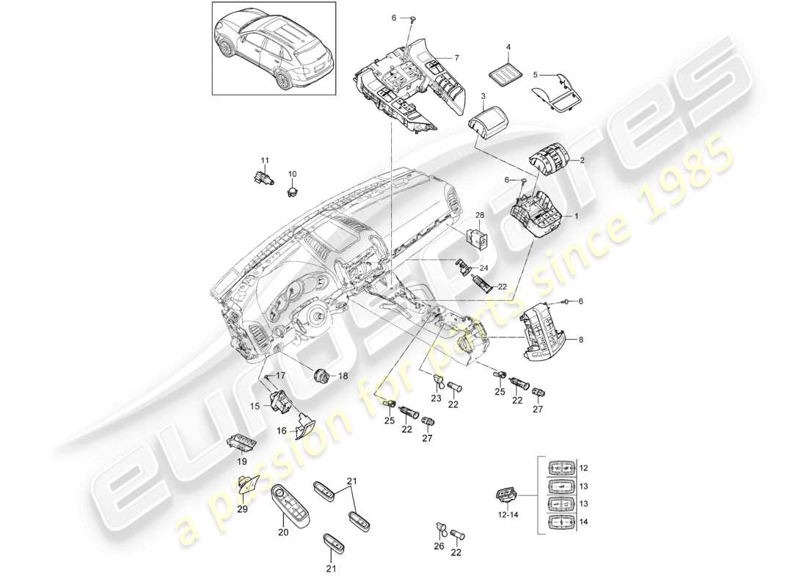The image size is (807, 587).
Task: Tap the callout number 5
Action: pyautogui.click(x=536, y=74)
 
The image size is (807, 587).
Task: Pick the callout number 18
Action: pyautogui.click(x=343, y=376)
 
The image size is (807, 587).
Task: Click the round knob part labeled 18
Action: pyautogui.click(x=320, y=375)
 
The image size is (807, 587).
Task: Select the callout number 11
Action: pyautogui.click(x=266, y=159)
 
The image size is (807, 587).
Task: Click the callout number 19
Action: pyautogui.click(x=241, y=463)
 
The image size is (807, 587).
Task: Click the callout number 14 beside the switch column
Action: pyautogui.click(x=583, y=522)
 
